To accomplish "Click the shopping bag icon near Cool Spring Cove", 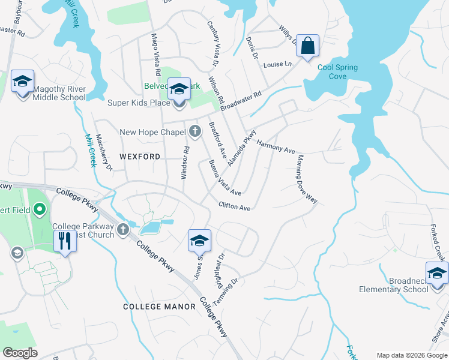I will pos(307,46).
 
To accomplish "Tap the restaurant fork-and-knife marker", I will pos(64,241).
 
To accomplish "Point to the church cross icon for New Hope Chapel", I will pos(194,131).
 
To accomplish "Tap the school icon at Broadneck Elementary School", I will pos(437,273).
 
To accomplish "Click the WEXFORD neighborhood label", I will pos(140,157).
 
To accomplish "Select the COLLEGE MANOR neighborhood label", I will pos(159,307).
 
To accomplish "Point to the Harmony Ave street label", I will pos(276,146).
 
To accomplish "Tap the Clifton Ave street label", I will pos(234,206).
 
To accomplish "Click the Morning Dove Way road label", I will pos(306,179).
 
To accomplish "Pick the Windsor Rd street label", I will pos(185,163).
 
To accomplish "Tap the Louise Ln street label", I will pos(277,64).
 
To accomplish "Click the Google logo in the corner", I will pos(20,353).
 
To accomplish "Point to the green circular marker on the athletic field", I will pos(40,210).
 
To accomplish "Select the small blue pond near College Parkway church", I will pos(151,227).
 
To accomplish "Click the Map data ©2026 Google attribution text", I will pos(411,355).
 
